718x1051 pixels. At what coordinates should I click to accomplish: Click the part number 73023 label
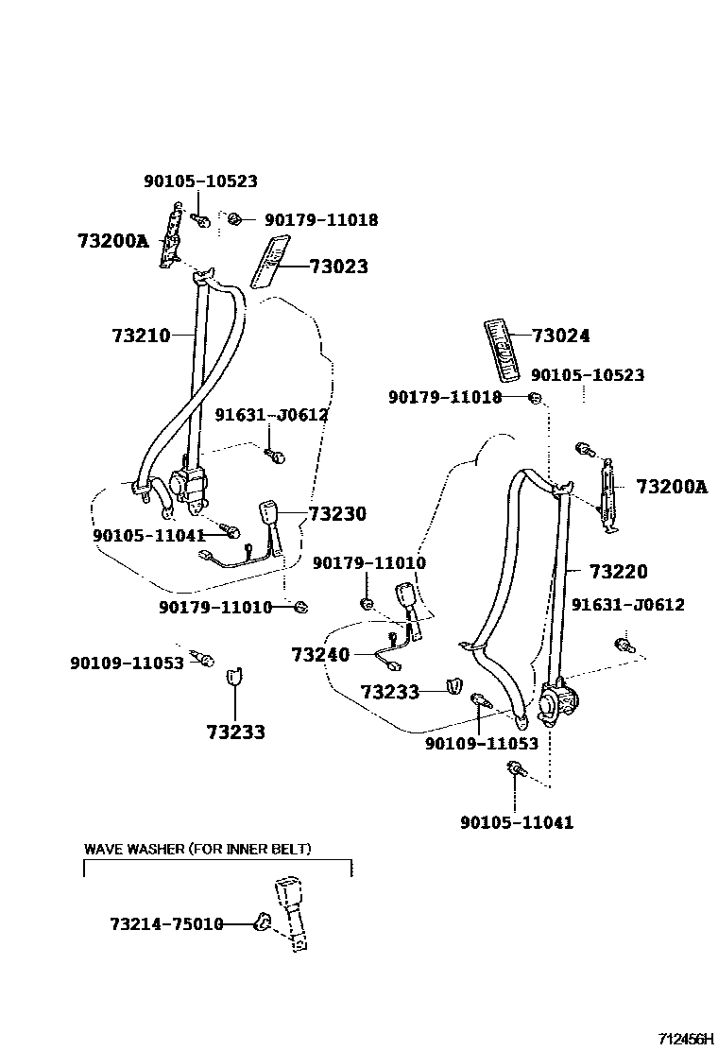point(337,267)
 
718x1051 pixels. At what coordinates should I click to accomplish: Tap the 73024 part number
point(560,336)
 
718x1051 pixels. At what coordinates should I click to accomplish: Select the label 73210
point(141,336)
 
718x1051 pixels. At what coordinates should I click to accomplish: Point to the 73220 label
point(619,572)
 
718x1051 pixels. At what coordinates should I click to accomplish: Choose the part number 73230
point(337,514)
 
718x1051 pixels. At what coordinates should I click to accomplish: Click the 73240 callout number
point(320,654)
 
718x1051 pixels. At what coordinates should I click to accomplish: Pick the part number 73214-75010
point(165,923)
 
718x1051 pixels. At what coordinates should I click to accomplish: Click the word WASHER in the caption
point(157,849)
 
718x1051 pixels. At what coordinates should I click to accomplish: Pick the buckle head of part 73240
point(409,597)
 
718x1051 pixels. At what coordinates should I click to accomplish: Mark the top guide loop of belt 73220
point(563,488)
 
